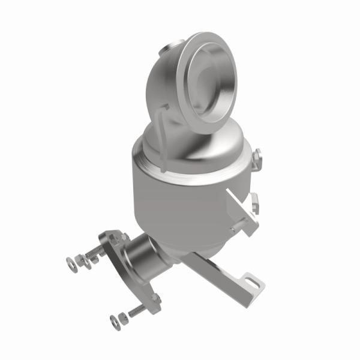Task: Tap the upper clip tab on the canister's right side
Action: click(256, 157)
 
